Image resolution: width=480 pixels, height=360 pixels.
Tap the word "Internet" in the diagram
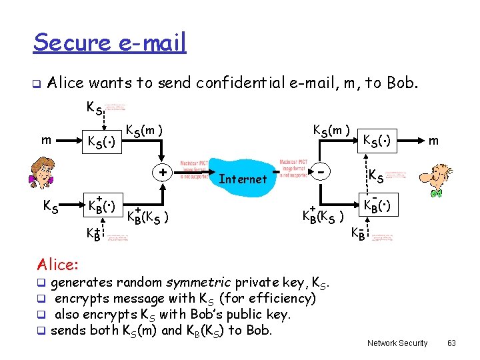[x=243, y=179]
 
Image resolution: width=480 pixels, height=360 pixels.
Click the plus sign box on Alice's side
[x=162, y=171]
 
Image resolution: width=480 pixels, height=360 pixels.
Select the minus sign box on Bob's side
[x=322, y=171]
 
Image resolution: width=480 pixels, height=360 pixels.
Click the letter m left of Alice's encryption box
[x=45, y=141]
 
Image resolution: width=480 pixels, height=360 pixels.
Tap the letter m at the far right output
[x=433, y=141]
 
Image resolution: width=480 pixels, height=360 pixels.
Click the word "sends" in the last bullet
[x=69, y=330]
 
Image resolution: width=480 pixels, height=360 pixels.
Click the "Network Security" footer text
[x=397, y=343]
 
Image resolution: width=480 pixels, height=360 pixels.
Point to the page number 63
[x=451, y=343]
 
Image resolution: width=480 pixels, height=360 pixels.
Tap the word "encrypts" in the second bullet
[x=83, y=298]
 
